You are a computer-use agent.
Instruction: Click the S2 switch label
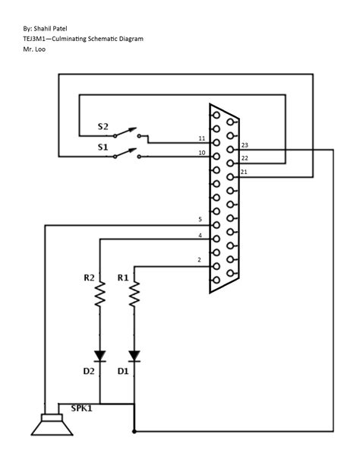pyautogui.click(x=103, y=127)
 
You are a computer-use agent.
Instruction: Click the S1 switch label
pyautogui.click(x=103, y=146)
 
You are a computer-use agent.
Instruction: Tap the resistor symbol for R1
pyautogui.click(x=134, y=292)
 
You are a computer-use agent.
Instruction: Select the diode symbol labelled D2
pyautogui.click(x=99, y=355)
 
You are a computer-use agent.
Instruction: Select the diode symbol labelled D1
pyautogui.click(x=134, y=355)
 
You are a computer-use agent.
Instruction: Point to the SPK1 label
pyautogui.click(x=83, y=409)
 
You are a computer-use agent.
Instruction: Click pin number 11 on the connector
pyautogui.click(x=201, y=138)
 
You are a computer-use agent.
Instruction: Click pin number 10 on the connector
pyautogui.click(x=201, y=153)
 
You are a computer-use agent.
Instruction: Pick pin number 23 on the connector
pyautogui.click(x=245, y=144)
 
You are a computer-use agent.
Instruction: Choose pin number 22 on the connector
pyautogui.click(x=245, y=158)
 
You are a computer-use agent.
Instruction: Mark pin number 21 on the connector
pyautogui.click(x=244, y=173)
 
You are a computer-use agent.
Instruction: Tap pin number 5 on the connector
pyautogui.click(x=199, y=220)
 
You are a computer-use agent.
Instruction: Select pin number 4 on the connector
pyautogui.click(x=199, y=235)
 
